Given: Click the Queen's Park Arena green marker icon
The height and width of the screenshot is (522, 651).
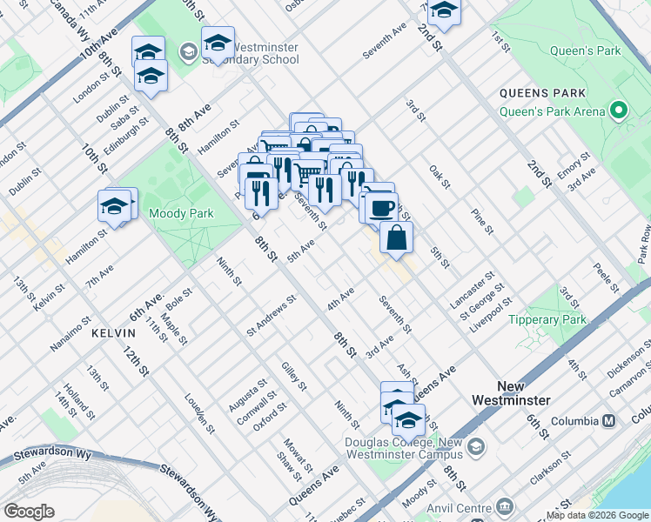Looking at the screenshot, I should (619, 110).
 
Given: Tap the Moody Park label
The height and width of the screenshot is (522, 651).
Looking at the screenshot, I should (179, 213).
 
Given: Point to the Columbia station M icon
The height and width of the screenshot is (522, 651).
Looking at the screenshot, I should (609, 420).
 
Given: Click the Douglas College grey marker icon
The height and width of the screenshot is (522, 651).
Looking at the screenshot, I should (475, 447).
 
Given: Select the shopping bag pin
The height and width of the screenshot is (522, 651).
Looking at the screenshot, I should (396, 238).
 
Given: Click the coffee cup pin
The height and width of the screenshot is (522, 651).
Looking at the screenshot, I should (379, 207).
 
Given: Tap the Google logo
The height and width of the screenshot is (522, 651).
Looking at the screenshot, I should (29, 512).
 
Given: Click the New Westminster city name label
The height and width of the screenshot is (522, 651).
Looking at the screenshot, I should (522, 393).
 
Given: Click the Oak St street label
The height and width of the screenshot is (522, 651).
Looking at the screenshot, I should (440, 178).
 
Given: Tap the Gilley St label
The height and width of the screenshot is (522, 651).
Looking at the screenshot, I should (294, 375).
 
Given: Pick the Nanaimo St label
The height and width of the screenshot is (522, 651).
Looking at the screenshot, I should (71, 332).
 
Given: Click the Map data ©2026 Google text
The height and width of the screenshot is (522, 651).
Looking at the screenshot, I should (597, 515).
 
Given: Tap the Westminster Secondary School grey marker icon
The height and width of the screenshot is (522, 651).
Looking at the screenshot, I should (188, 53).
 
